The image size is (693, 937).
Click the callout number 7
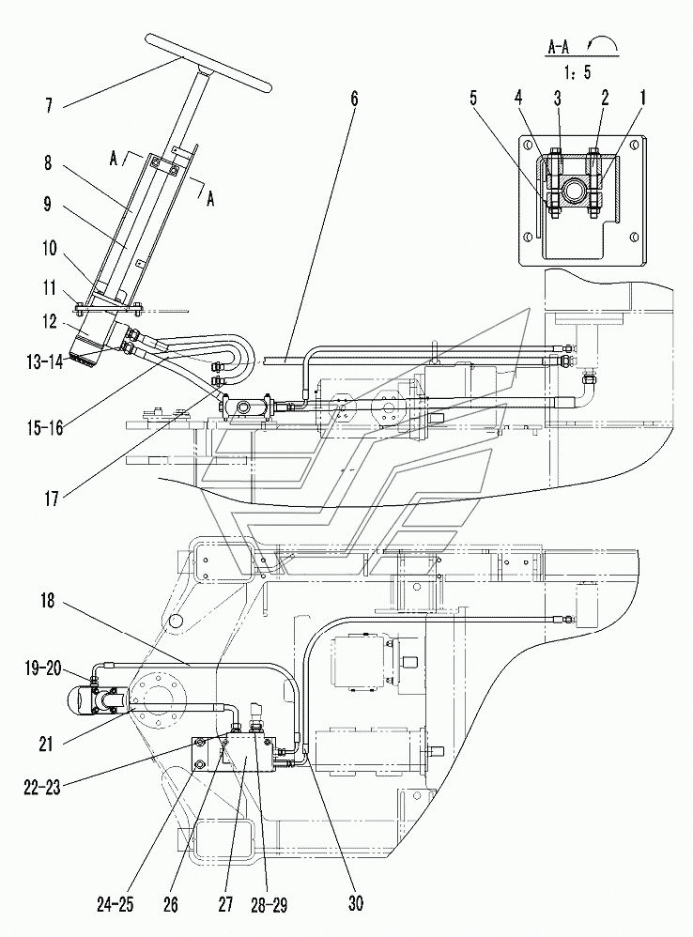click(x=49, y=106)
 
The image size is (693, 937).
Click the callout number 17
click(x=52, y=498)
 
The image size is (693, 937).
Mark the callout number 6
click(x=354, y=99)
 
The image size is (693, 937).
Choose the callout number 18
click(x=48, y=601)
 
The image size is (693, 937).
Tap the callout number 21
click(x=46, y=744)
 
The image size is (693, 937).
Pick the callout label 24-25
click(x=115, y=904)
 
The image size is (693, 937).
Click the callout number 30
click(x=356, y=902)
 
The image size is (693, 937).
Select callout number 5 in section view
click(x=474, y=98)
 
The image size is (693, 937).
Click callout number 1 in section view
click(x=643, y=98)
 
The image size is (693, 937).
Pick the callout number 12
click(x=51, y=322)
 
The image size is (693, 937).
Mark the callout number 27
click(x=225, y=904)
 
